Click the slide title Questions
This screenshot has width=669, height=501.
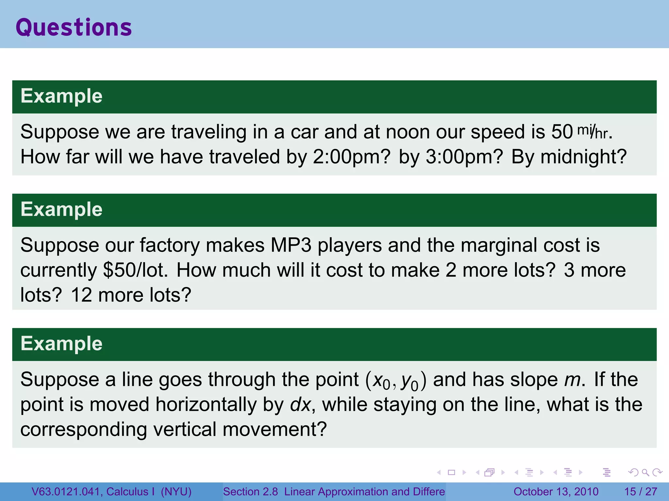[x=74, y=27]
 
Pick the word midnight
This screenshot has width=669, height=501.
[x=583, y=157]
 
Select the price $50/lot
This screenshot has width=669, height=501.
[x=135, y=270]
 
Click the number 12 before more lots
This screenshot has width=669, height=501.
[x=81, y=295]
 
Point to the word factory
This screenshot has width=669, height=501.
[x=170, y=245]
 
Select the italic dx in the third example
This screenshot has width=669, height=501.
[x=300, y=404]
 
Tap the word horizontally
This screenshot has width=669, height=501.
[x=206, y=404]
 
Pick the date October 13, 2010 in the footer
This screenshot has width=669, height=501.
[x=556, y=492]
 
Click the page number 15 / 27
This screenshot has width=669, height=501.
[x=641, y=492]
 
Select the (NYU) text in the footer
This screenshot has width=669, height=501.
[x=176, y=492]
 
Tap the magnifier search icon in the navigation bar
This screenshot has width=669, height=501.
[x=645, y=472]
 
